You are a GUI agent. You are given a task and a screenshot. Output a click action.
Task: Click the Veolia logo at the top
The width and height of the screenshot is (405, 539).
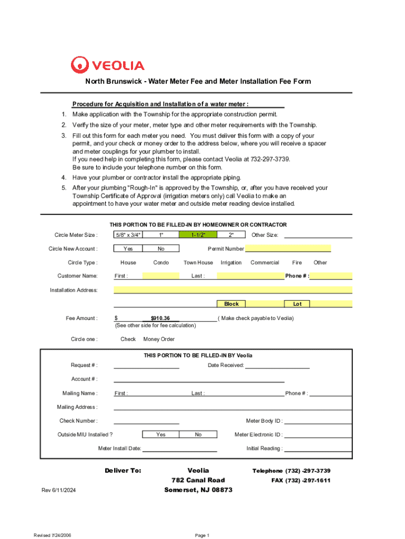click(x=107, y=65)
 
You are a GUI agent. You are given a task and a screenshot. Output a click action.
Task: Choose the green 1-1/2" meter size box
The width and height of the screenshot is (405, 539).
click(x=198, y=235)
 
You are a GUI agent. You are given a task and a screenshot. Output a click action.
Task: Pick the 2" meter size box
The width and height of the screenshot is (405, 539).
click(x=231, y=235)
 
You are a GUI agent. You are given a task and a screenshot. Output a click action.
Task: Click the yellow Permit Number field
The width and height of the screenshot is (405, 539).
click(x=288, y=248)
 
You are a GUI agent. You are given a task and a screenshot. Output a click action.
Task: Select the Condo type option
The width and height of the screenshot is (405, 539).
click(x=161, y=262)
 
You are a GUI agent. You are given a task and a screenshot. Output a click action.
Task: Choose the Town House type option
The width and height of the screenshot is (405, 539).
click(x=198, y=262)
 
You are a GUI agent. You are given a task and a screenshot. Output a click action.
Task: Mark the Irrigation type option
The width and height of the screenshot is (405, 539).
click(x=231, y=262)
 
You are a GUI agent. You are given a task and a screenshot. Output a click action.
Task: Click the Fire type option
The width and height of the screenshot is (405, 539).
click(x=297, y=262)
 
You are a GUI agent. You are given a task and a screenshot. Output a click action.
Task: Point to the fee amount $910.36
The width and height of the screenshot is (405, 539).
click(x=160, y=318)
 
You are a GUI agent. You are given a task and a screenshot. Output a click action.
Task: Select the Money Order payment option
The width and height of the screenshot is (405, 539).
click(x=159, y=339)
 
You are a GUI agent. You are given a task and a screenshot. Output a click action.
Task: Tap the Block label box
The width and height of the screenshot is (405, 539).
click(x=231, y=304)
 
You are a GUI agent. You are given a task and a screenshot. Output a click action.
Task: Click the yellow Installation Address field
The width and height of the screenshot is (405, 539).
click(x=232, y=290)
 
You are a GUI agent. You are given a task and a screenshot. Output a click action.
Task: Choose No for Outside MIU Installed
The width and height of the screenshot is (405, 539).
click(x=198, y=434)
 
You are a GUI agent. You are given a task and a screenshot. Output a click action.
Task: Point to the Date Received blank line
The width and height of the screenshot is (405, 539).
click(x=277, y=366)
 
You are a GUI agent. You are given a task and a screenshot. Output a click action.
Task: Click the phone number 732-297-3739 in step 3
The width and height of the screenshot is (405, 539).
click(x=269, y=159)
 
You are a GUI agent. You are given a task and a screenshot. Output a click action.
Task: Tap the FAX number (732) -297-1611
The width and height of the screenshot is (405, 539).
click(x=301, y=481)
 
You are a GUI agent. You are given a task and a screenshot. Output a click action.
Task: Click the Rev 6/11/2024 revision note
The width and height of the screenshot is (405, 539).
click(x=59, y=491)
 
